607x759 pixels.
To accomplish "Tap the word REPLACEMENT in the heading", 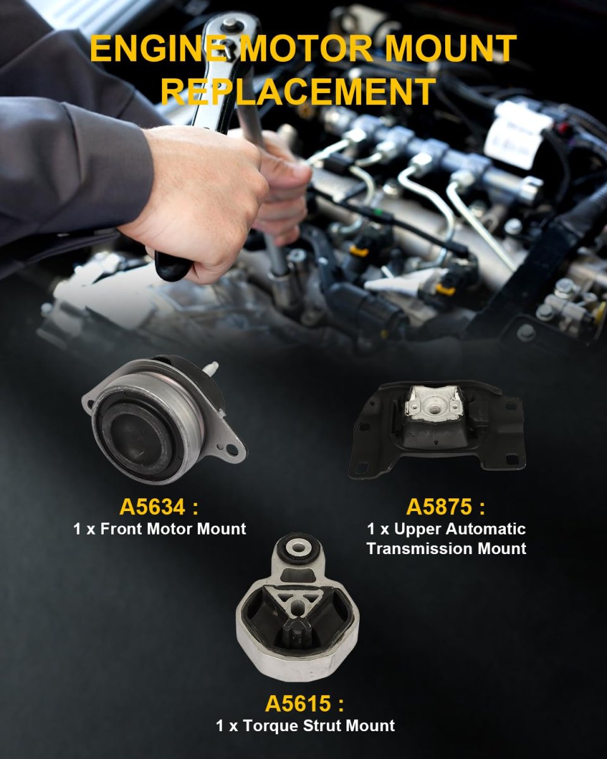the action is [x=298, y=91].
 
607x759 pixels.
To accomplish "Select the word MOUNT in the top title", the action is [x=450, y=49].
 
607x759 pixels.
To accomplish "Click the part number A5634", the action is [x=152, y=507].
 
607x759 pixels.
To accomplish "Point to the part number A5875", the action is [x=439, y=507].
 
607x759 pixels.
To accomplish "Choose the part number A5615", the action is [x=298, y=703].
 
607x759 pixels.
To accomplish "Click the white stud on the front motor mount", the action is [x=211, y=369].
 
